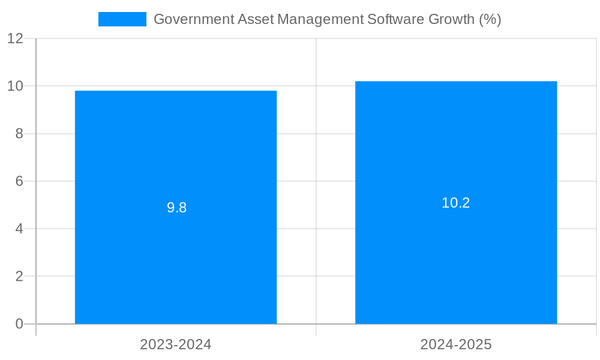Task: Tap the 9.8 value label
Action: click(x=176, y=208)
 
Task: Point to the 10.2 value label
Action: click(x=456, y=203)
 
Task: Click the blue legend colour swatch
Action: click(x=122, y=19)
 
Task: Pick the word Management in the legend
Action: click(x=319, y=19)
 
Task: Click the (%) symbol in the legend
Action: click(x=490, y=19)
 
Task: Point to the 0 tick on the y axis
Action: click(x=19, y=324)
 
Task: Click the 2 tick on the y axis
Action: click(x=19, y=277)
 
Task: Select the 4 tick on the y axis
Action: click(x=19, y=229)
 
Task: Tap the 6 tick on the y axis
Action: click(x=19, y=181)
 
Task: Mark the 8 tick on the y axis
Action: click(x=19, y=134)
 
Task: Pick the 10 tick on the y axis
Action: click(x=16, y=86)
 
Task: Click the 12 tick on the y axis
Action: click(x=16, y=38)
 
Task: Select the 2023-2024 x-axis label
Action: click(x=176, y=344)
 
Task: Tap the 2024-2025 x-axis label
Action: click(x=456, y=344)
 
